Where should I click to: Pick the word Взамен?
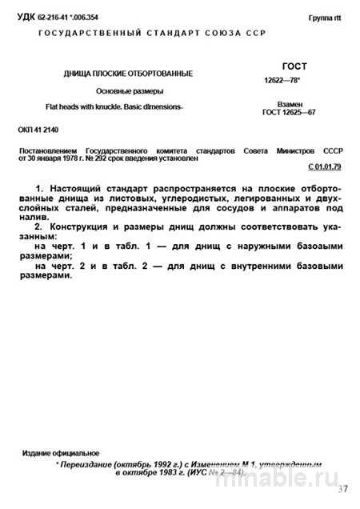tap(293, 104)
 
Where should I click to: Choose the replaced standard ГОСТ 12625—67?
tap(293, 114)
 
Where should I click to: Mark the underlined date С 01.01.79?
tap(324, 167)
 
